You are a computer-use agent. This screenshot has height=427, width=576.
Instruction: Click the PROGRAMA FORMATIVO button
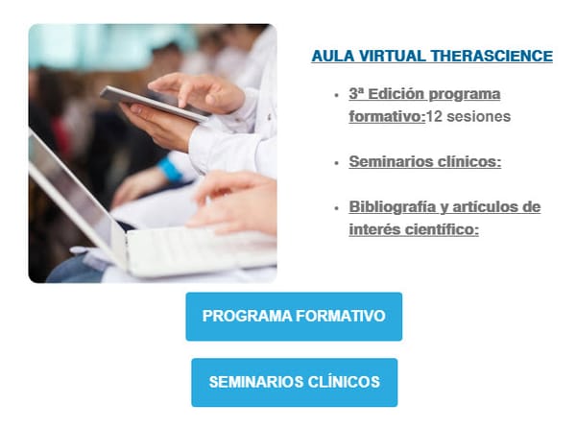point(294,317)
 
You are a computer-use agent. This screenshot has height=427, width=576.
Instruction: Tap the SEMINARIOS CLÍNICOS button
point(294,382)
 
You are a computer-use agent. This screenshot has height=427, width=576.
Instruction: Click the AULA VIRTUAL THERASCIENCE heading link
point(432,57)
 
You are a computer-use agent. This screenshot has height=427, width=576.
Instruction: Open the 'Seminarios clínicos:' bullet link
point(425,161)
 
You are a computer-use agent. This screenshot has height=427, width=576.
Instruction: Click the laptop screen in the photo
point(67,192)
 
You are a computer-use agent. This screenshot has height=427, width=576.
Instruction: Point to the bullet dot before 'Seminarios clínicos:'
point(335,162)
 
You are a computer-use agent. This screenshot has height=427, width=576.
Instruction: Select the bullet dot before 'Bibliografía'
point(335,208)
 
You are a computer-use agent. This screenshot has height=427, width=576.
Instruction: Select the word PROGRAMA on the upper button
point(240,317)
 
